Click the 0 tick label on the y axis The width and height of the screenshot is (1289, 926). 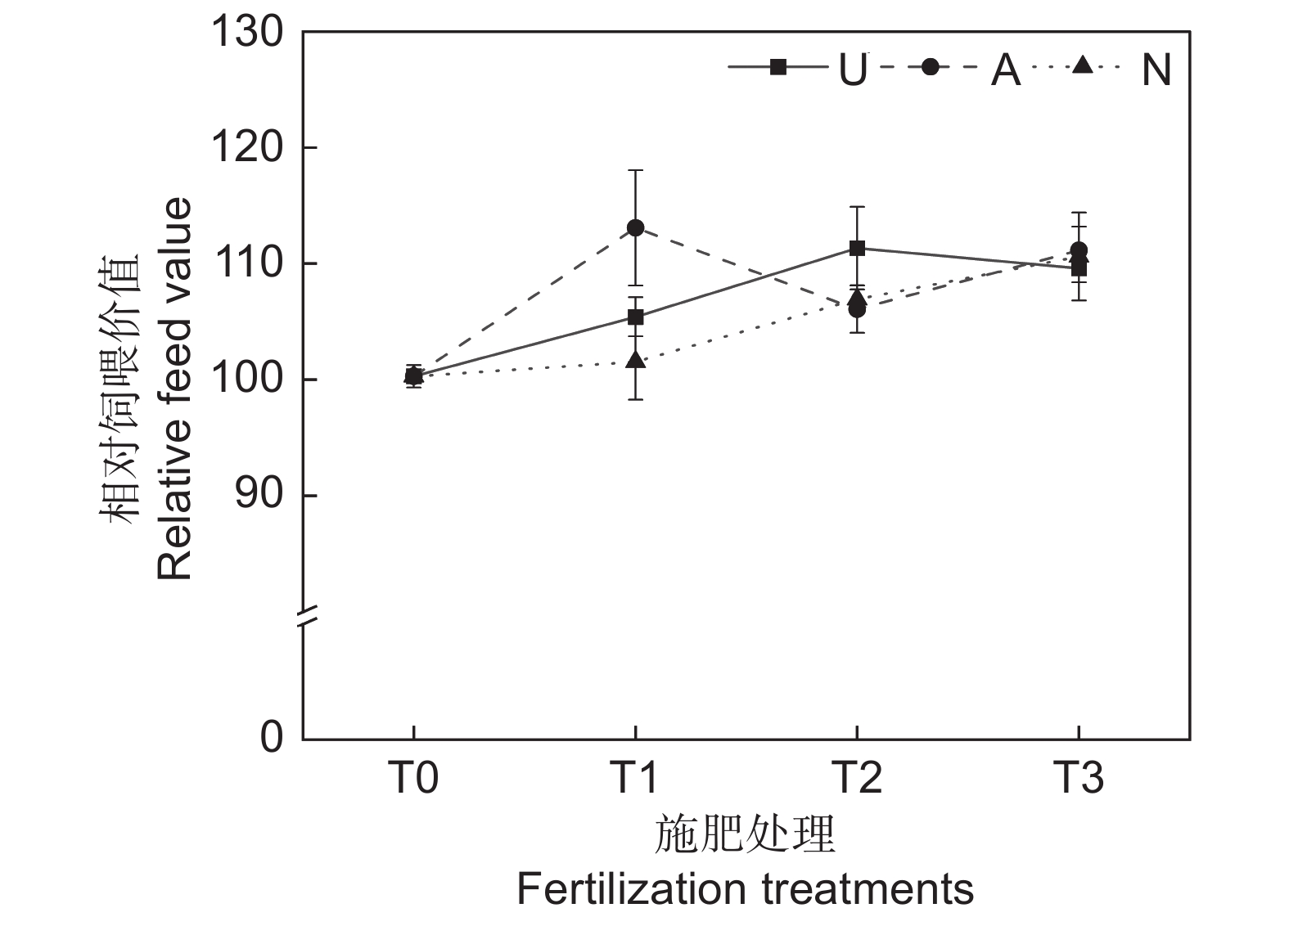(x=272, y=737)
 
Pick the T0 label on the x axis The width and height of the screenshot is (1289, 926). (x=412, y=777)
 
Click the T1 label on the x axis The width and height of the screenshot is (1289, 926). (x=635, y=777)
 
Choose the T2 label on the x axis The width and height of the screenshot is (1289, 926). (x=857, y=777)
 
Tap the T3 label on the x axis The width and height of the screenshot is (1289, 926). (x=1079, y=777)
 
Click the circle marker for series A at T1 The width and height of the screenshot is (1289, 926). (x=635, y=227)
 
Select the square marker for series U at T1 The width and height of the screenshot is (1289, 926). (x=636, y=317)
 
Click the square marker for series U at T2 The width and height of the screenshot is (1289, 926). (x=857, y=248)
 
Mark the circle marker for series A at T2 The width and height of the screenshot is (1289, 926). (x=857, y=309)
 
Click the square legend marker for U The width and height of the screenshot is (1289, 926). (x=777, y=68)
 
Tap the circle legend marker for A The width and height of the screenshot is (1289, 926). (x=929, y=68)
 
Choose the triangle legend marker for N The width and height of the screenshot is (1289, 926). (x=1082, y=65)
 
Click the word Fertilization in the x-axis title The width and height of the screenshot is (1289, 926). (x=631, y=888)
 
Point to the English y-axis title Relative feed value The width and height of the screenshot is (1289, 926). (x=174, y=389)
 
